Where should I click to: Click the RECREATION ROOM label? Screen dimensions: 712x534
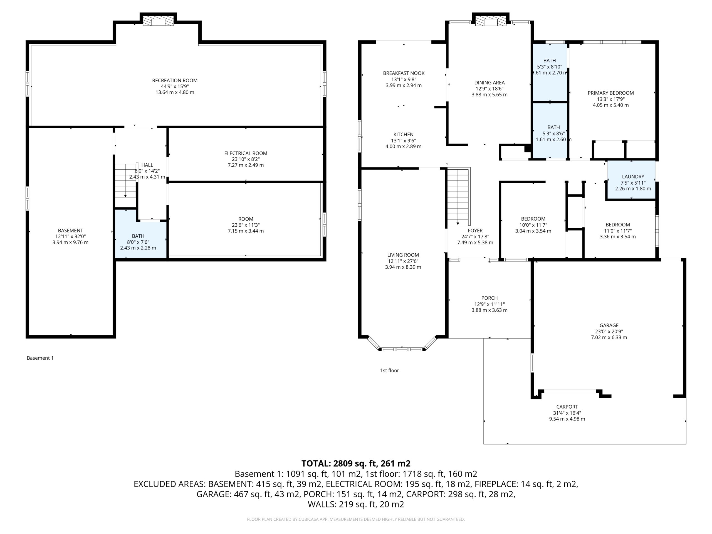175,80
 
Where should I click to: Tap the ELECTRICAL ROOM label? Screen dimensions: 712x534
246,153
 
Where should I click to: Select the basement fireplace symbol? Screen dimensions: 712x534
158,21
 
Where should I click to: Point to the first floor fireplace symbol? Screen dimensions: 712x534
491,21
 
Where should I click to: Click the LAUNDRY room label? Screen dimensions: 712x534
633,176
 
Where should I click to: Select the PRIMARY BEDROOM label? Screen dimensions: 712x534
610,93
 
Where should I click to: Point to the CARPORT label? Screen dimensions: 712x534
567,407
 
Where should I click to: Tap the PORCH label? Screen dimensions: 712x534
489,298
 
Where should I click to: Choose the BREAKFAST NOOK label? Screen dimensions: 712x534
404,73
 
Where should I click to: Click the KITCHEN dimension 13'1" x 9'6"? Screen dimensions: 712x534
403,141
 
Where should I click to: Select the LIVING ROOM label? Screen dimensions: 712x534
403,255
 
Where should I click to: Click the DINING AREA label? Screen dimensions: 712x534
489,83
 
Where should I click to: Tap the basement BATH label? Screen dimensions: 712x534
138,236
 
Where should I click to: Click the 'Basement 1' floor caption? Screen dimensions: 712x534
40,358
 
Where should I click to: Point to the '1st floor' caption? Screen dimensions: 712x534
389,370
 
